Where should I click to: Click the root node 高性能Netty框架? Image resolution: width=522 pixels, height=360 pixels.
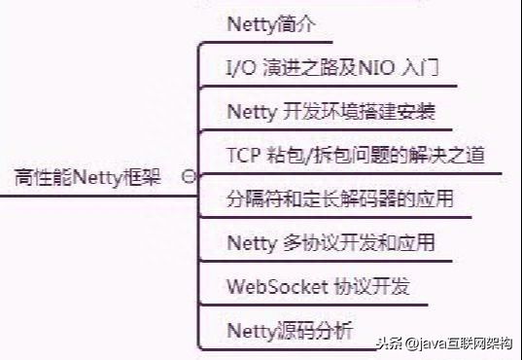click(89, 177)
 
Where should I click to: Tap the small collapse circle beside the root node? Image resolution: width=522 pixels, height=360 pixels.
click(187, 177)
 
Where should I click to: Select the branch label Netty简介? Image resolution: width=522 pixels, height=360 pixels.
click(268, 22)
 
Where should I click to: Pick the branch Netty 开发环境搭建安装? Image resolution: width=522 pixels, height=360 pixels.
click(330, 111)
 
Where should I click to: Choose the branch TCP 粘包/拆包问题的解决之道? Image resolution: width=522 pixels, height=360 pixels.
click(355, 156)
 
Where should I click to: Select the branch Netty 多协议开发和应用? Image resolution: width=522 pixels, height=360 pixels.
click(330, 242)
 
